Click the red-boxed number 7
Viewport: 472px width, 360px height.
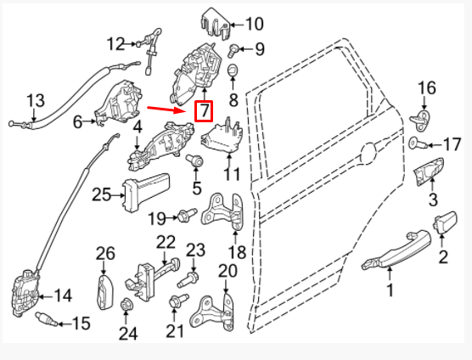point(204,110)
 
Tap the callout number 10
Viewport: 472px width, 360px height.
point(230,23)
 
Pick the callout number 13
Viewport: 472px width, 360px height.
point(35,101)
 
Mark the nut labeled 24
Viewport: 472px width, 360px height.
point(127,306)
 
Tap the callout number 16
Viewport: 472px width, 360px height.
point(425,88)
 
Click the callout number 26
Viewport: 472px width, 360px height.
point(104,253)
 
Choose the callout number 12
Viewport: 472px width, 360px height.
point(115,42)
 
